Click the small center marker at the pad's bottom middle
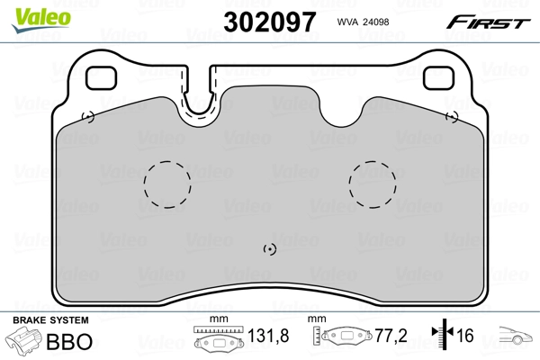tap(269, 249)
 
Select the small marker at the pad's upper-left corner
tap(87, 116)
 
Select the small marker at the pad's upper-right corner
tap(453, 116)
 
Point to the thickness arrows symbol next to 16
tap(442, 337)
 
